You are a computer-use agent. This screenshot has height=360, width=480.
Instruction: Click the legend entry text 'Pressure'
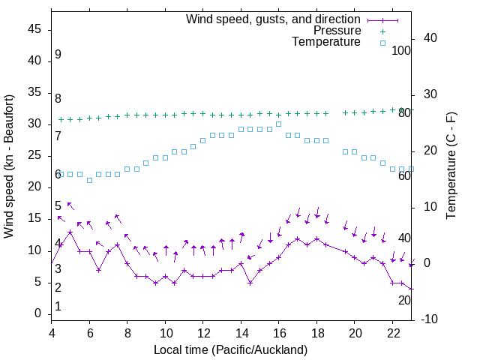coord(337,31)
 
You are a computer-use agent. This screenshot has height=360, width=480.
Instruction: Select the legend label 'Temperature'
coord(326,42)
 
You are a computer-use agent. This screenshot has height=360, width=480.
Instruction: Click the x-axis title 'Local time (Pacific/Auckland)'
coord(230,349)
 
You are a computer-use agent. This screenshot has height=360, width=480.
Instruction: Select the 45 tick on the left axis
coord(35,29)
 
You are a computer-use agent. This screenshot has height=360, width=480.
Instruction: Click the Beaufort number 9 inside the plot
coord(58,55)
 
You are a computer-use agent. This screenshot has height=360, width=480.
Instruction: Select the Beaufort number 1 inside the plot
coord(58,307)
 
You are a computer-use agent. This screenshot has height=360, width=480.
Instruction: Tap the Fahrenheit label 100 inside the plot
coord(401,50)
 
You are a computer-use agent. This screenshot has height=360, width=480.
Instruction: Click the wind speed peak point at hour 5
coord(70,232)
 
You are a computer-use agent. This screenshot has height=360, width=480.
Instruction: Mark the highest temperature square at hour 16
coord(278,124)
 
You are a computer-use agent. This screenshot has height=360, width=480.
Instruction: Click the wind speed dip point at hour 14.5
coord(250,283)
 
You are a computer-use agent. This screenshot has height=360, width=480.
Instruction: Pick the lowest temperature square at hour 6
coord(89,180)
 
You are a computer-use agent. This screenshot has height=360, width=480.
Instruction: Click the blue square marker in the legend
coord(382,43)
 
